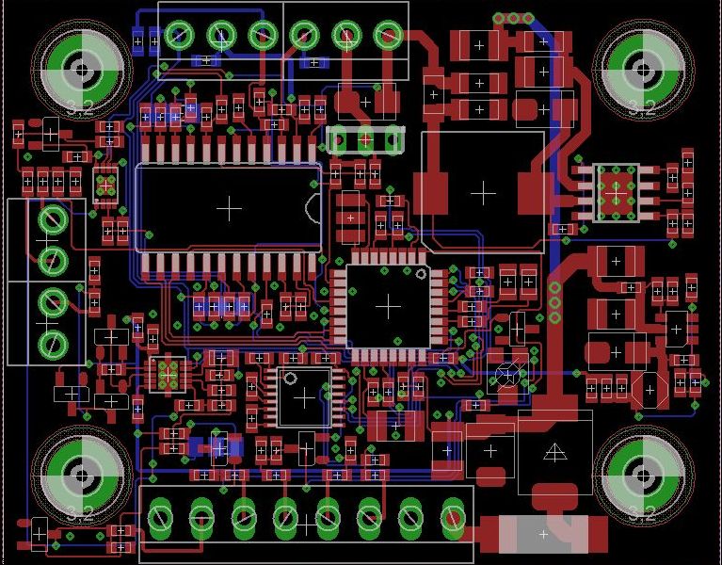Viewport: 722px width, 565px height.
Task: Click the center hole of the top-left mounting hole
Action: [83, 70]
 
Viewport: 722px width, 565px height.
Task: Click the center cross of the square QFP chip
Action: [388, 306]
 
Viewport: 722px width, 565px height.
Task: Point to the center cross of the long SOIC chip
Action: [229, 207]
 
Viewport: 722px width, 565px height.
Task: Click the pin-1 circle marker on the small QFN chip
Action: [290, 379]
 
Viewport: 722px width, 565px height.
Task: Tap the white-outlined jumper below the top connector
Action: [364, 139]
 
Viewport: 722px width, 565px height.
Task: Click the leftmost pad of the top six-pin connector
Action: [179, 36]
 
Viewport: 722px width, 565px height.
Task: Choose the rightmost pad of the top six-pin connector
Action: [388, 36]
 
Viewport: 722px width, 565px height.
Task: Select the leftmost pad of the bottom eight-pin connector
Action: [161, 517]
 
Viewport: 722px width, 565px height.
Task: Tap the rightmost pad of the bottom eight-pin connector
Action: [453, 517]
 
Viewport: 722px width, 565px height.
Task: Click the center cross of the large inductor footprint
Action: [483, 192]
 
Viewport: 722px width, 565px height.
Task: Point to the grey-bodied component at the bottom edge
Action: [543, 534]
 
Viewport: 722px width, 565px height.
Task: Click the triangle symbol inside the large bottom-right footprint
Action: [555, 453]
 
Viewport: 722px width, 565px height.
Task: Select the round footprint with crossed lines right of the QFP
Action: [508, 375]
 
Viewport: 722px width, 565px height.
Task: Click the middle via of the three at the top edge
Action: [514, 18]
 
